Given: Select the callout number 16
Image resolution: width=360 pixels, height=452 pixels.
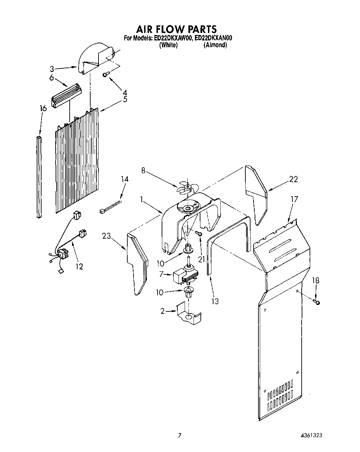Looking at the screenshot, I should coord(43,109).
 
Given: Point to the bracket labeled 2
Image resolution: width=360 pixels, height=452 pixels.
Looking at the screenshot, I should coord(188,313).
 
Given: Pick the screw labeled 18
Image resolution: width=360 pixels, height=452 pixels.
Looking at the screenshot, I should coord(317,302).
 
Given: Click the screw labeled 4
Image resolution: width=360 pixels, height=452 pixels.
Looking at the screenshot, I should coord(106,74).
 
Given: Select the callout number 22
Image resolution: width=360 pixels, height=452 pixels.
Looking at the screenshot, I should coord(293,179).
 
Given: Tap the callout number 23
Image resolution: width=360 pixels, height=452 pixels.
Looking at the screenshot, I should coord(107,236).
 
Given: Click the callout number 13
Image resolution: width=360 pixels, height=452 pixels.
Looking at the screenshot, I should coord(215,301).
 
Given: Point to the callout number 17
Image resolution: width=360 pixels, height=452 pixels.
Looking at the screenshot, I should coord(294,199).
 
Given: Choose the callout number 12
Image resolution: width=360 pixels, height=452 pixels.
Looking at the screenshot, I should coord(79,266).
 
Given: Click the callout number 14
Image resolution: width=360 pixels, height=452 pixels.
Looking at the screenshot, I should coord(125,179).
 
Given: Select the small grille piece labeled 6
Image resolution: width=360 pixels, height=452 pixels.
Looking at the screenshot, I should coord(67,96).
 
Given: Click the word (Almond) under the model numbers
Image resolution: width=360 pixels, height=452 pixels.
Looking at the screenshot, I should coord(215,45).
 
